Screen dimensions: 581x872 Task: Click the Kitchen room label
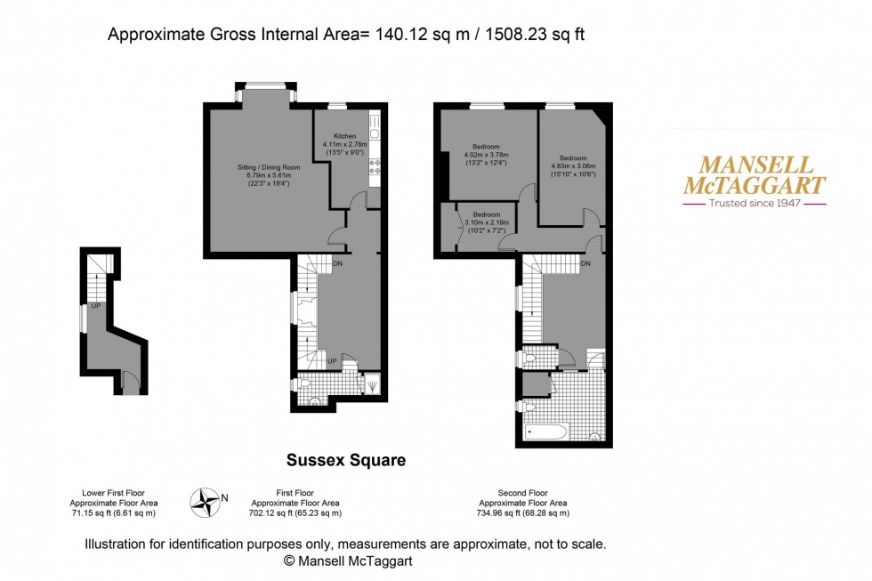344,136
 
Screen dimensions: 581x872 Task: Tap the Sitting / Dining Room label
268,167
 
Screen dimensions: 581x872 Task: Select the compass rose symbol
206,503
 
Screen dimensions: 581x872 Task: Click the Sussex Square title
345,460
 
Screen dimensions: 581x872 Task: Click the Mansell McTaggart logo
754,175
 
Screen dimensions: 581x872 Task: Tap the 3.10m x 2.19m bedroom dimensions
485,231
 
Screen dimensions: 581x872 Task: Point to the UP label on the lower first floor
95,307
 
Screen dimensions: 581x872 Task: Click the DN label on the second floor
585,264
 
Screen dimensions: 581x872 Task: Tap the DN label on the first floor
338,264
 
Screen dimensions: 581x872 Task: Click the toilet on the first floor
303,383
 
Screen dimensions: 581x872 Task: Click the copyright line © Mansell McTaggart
347,561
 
